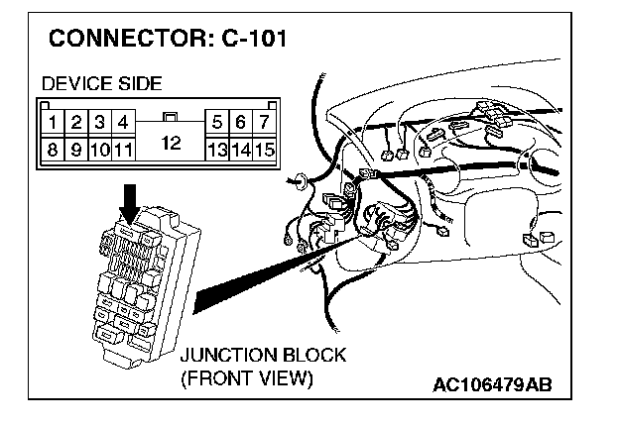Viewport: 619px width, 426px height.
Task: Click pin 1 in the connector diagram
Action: tap(51, 124)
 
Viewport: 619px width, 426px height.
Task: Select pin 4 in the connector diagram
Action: tap(123, 124)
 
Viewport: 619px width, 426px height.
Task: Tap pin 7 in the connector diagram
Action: tap(264, 124)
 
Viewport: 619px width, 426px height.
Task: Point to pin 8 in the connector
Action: tap(51, 151)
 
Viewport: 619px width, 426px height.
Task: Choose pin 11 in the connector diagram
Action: tap(123, 151)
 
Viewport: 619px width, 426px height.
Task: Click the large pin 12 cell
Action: tap(170, 143)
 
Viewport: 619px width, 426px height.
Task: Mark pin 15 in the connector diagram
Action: tap(264, 151)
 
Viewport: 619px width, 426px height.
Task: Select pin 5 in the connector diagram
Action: tap(217, 124)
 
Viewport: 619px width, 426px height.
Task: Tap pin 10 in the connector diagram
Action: tap(99, 151)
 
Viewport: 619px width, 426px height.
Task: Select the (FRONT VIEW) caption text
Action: tap(247, 378)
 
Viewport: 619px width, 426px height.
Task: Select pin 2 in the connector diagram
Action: tap(75, 124)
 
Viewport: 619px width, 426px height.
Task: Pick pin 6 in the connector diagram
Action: tap(241, 124)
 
